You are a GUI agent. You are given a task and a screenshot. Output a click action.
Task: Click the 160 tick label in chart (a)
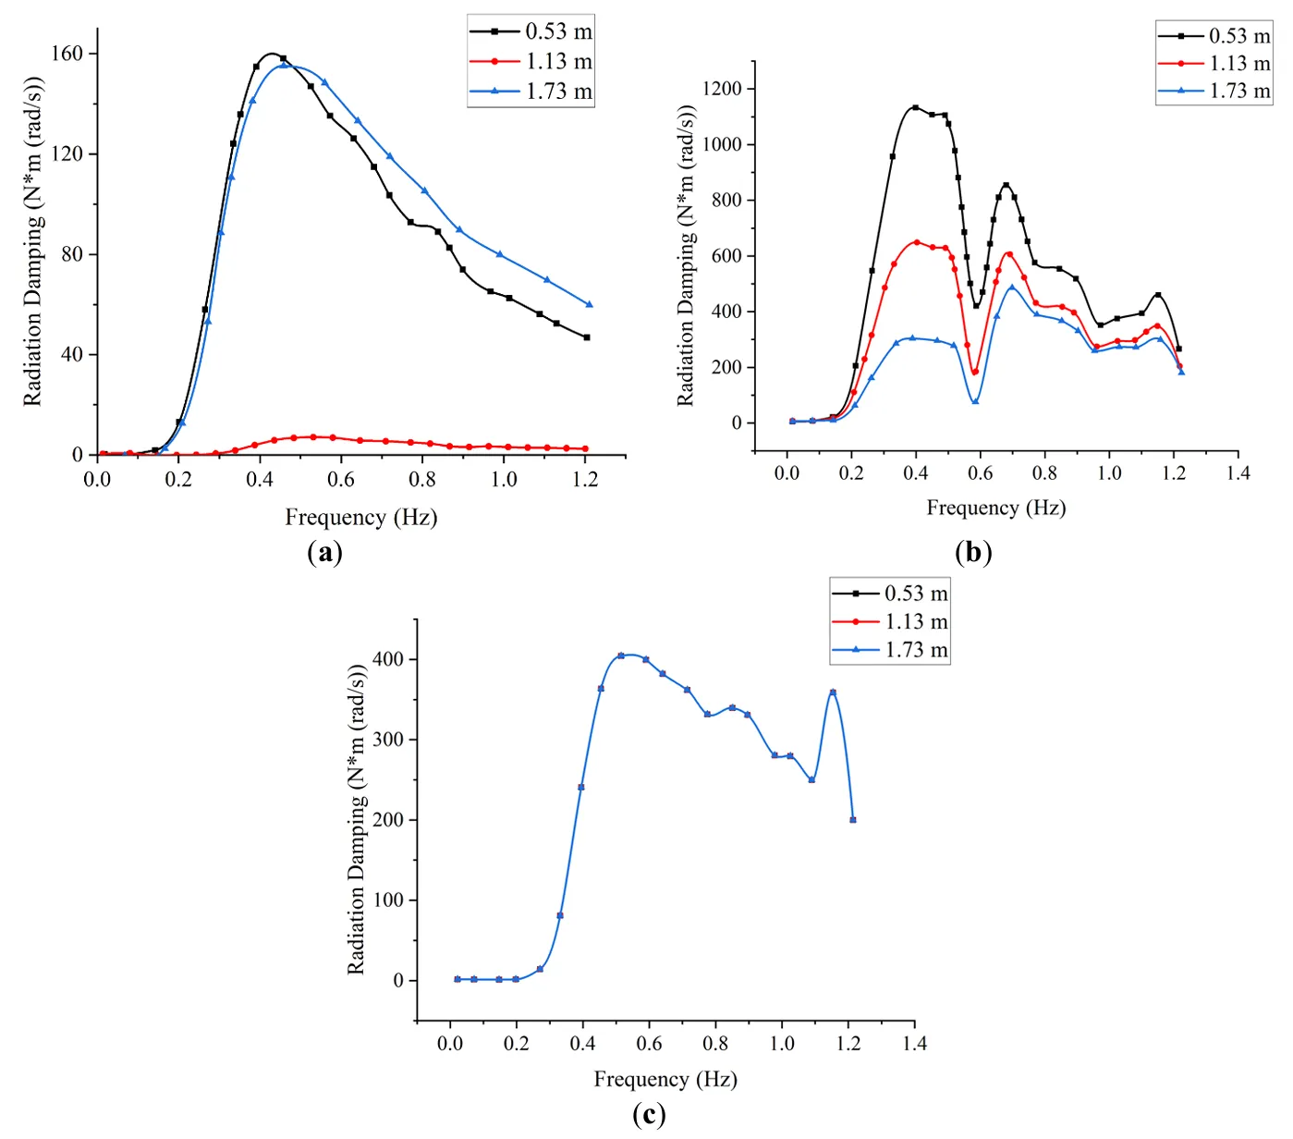click(x=67, y=54)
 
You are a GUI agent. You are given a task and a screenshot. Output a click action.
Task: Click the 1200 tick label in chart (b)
click(x=722, y=89)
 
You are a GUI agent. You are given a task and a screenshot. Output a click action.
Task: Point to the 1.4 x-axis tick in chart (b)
click(x=1238, y=473)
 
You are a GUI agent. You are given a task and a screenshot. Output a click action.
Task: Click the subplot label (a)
click(x=324, y=553)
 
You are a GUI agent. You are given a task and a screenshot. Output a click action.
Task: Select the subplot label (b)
click(x=973, y=553)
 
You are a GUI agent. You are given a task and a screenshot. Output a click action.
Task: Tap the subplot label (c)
click(x=649, y=1115)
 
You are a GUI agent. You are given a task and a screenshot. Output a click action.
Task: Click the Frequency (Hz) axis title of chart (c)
click(x=665, y=1079)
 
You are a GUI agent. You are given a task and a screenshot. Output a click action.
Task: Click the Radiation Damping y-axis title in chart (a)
click(x=33, y=240)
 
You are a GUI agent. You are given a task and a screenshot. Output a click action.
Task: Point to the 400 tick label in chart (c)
click(x=387, y=659)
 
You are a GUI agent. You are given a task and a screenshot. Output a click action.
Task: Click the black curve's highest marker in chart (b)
click(x=915, y=108)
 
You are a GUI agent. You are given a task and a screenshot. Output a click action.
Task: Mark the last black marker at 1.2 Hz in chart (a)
click(x=587, y=337)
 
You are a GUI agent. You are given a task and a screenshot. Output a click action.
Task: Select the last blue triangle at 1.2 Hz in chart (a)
click(x=589, y=304)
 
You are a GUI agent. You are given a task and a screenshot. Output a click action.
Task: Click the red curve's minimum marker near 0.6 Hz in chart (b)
click(x=975, y=372)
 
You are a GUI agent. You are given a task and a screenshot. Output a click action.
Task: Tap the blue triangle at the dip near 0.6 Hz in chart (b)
click(x=975, y=401)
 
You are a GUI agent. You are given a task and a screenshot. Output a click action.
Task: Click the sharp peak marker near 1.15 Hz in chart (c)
click(x=833, y=692)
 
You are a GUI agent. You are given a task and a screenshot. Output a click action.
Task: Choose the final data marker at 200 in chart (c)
click(x=852, y=819)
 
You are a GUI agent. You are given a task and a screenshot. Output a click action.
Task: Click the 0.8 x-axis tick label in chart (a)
click(x=422, y=479)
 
